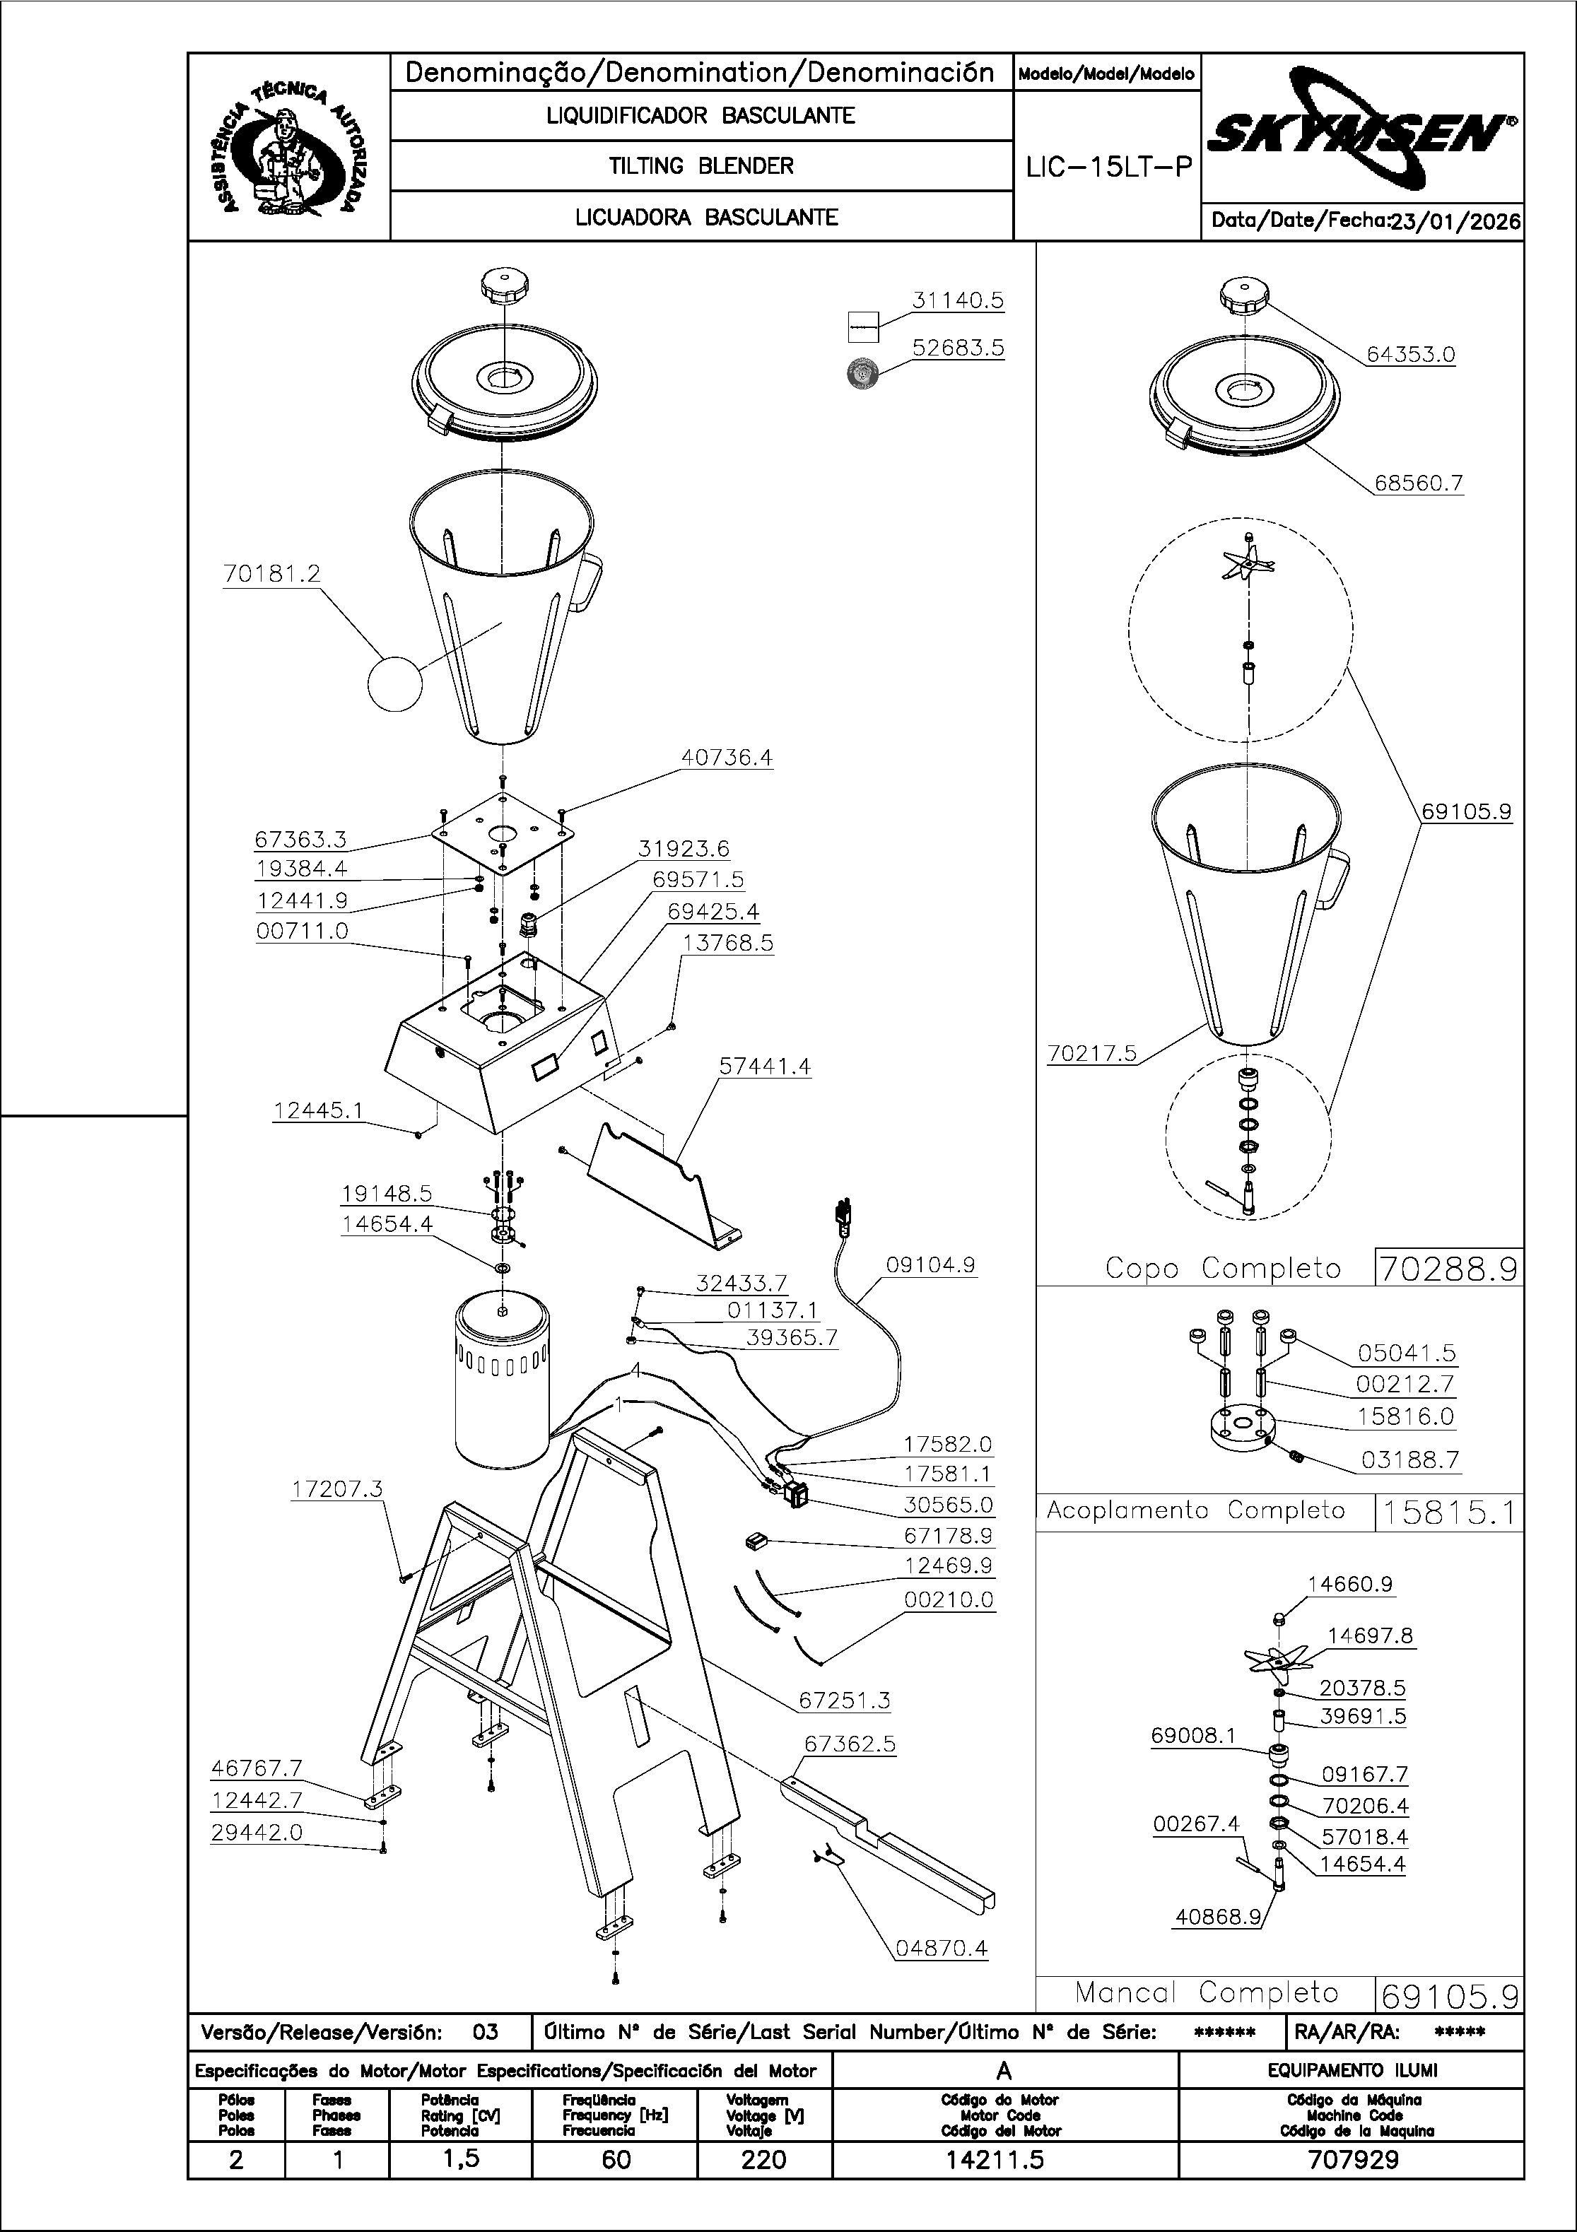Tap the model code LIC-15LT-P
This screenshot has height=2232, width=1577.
point(1108,168)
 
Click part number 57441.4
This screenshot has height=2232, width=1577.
point(764,1067)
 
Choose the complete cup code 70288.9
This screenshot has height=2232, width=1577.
point(1448,1269)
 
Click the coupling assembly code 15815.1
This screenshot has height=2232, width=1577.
point(1448,1513)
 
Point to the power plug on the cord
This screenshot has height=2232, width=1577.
point(842,1217)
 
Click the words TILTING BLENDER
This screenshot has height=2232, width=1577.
point(701,166)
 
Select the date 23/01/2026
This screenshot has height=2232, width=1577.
point(1455,222)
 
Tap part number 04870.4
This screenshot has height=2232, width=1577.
point(940,1947)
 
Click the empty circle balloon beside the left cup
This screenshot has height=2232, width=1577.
point(394,683)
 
